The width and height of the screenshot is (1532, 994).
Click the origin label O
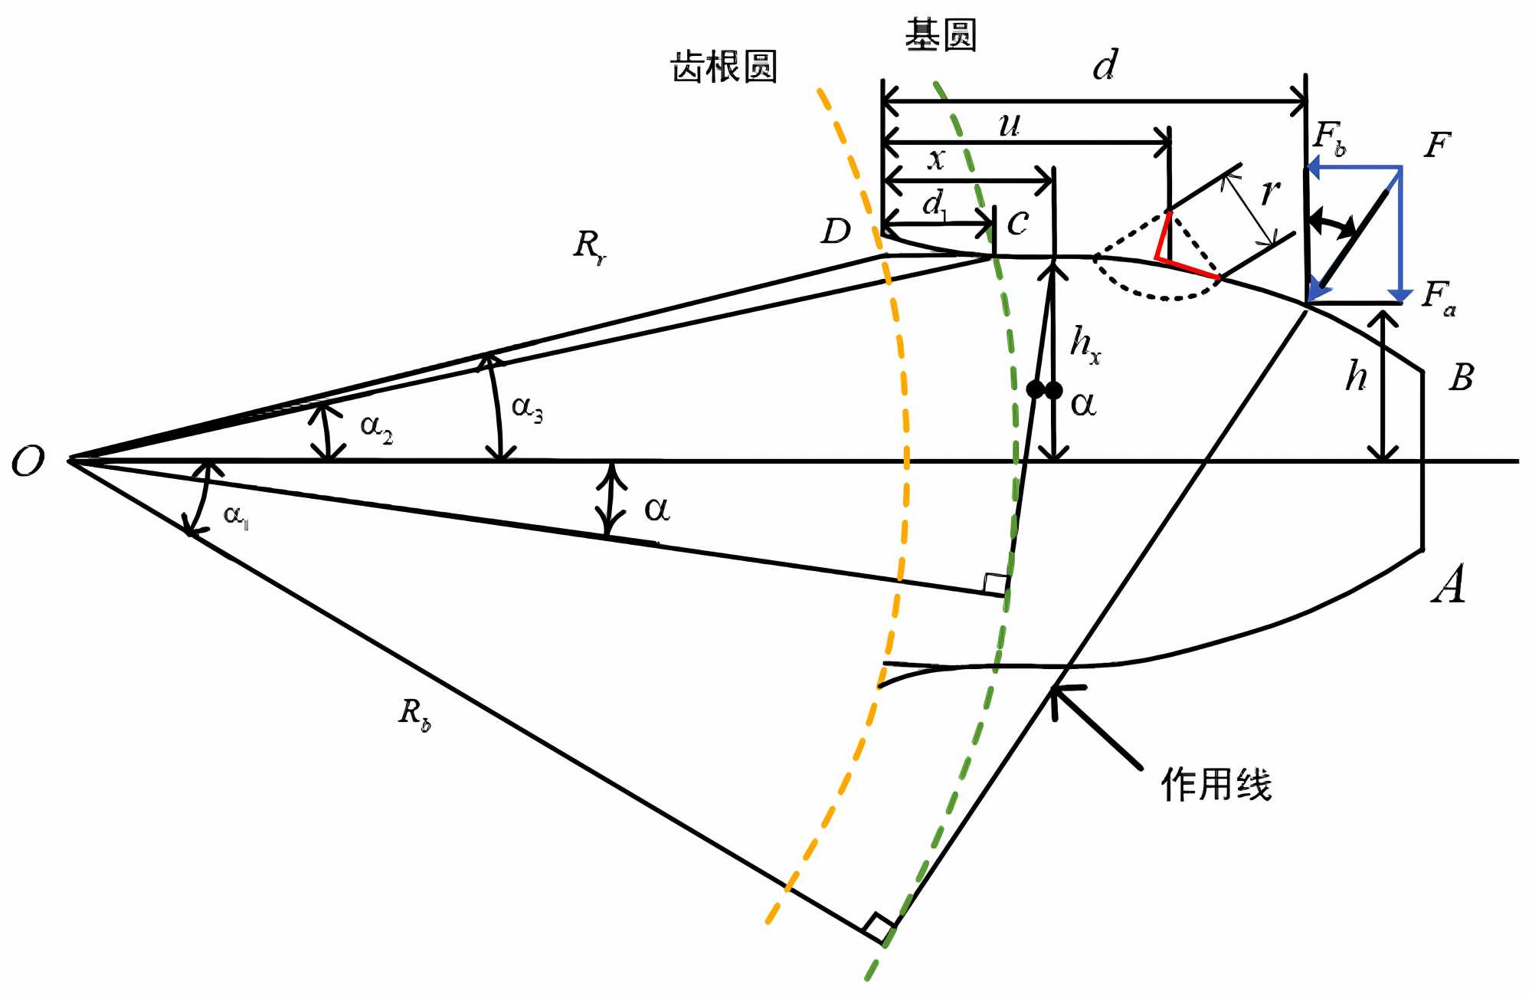coord(28,462)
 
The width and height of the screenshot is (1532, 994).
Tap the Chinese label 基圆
coord(941,35)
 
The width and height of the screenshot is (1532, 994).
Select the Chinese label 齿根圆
coord(724,67)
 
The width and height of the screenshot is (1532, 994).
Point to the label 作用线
coord(1216,784)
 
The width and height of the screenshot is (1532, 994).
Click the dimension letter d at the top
coord(1105,65)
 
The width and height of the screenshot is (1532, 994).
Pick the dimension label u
coord(1010,124)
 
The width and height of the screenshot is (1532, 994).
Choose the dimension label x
coord(936,159)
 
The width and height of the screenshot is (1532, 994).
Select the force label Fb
coord(1329,138)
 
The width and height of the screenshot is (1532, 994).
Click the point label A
coord(1449,584)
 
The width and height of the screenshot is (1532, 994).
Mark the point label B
coord(1462,377)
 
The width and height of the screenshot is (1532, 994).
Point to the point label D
coord(836,231)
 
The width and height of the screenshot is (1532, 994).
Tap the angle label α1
coord(235,516)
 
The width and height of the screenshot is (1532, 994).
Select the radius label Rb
coord(414,714)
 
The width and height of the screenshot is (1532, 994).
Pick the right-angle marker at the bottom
coord(879,927)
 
